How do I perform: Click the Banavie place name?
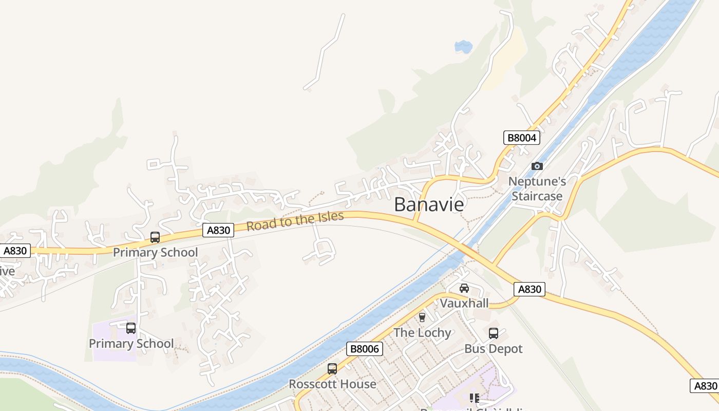coord(429,204)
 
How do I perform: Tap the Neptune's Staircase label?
coord(537,189)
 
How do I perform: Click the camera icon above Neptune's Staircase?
coord(537,166)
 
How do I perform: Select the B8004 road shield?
coord(521,138)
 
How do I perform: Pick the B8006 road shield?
coord(364,349)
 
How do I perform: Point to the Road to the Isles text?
coord(295,220)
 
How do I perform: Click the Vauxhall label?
coord(464,303)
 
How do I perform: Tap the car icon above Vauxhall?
coord(464,288)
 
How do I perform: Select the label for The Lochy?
coord(422,332)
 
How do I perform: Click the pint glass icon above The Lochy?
coord(422,317)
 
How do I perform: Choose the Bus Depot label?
coord(493,349)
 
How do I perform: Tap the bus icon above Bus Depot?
coord(494,333)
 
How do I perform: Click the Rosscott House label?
coord(332,384)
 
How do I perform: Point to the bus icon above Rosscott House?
coord(332,369)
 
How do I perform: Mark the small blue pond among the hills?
coord(463,47)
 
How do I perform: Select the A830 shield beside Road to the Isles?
coord(218,230)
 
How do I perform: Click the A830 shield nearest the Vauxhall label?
coord(529,289)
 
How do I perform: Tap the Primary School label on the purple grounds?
coord(131,343)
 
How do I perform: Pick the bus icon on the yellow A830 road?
coord(155,237)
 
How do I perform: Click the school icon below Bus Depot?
coord(475,398)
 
